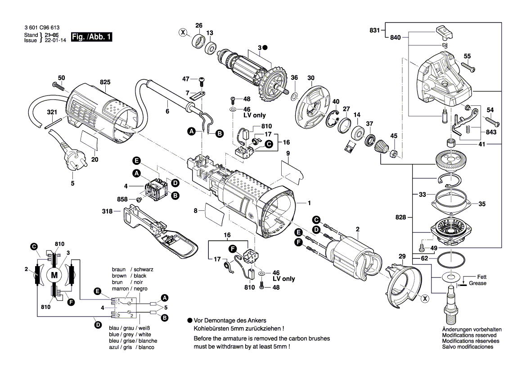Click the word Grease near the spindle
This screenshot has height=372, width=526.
tap(477, 283)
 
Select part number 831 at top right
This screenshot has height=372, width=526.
tap(374, 30)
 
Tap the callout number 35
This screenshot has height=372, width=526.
tap(482, 204)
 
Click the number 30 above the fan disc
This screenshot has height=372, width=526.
tap(311, 78)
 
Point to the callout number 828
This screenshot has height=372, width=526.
tap(401, 218)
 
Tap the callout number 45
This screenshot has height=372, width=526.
tap(394, 136)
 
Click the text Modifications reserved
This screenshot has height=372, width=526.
tap(469, 336)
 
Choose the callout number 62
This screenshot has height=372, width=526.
tap(424, 259)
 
